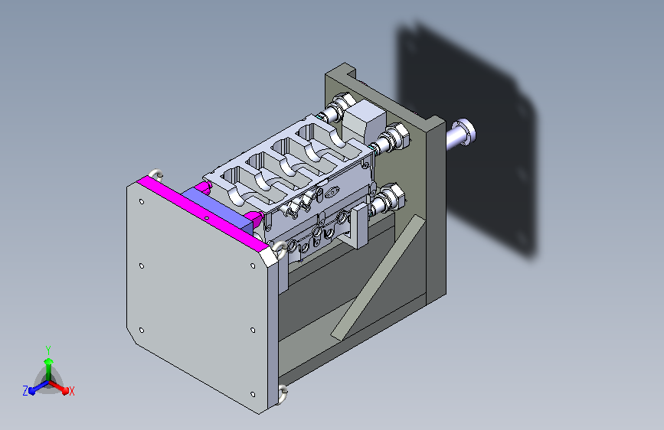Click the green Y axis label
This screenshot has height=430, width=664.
click(48, 350)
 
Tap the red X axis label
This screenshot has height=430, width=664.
click(71, 391)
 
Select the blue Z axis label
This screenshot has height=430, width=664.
click(25, 391)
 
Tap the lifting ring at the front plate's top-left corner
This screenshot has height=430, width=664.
click(155, 174)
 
